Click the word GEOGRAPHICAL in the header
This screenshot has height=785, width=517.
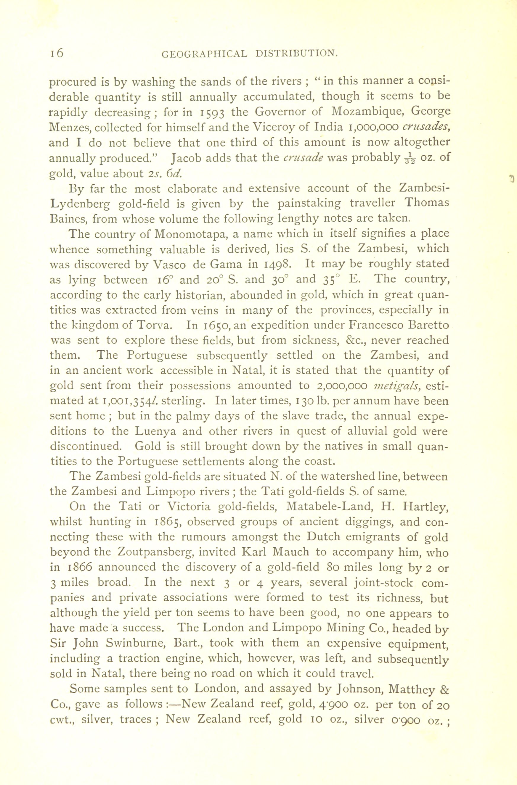coord(204,54)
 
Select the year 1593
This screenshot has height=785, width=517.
coord(213,112)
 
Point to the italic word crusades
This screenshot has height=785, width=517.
coord(424,127)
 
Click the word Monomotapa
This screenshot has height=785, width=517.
coord(190,234)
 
